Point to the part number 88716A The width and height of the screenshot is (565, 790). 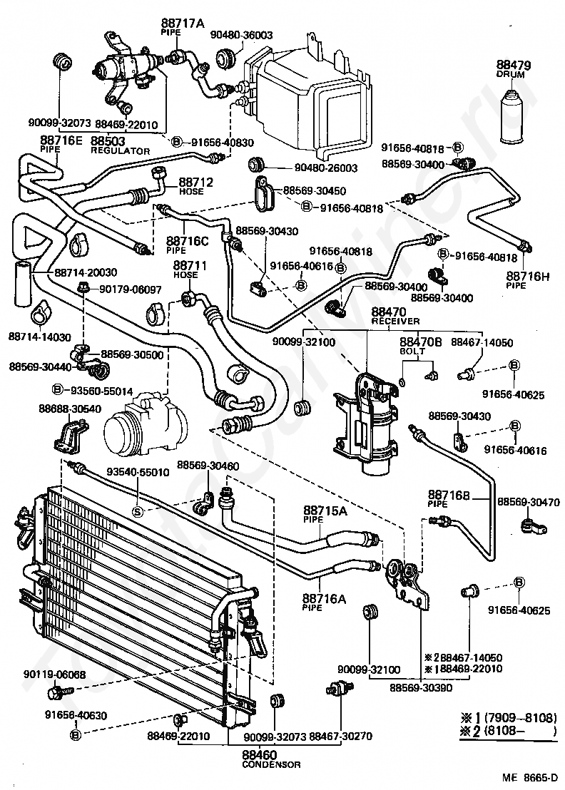[x=323, y=598]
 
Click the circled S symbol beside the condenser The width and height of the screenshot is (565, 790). [x=138, y=511]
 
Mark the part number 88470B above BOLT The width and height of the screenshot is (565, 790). [x=421, y=342]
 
